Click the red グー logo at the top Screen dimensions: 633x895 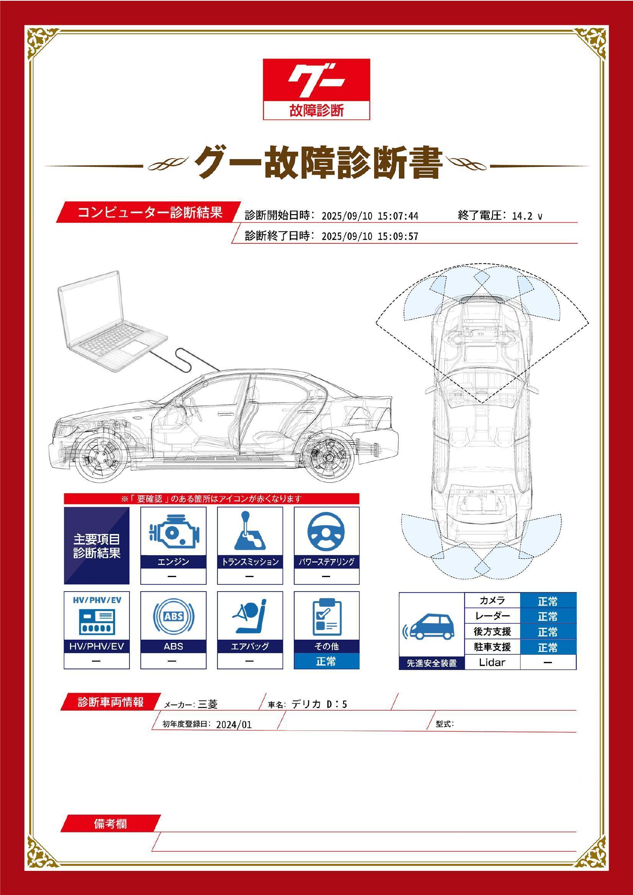(x=316, y=89)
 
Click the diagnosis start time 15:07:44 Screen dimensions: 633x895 (x=398, y=216)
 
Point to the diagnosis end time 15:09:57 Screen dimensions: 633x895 (x=398, y=236)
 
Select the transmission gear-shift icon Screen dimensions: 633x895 (x=250, y=531)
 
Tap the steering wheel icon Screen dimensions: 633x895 (x=326, y=532)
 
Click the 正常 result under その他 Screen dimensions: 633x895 (x=326, y=661)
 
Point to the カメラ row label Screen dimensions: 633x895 (x=492, y=601)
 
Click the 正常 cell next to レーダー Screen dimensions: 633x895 (x=548, y=616)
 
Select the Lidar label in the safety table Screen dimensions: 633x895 (x=492, y=662)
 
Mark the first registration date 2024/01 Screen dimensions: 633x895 (x=234, y=725)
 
